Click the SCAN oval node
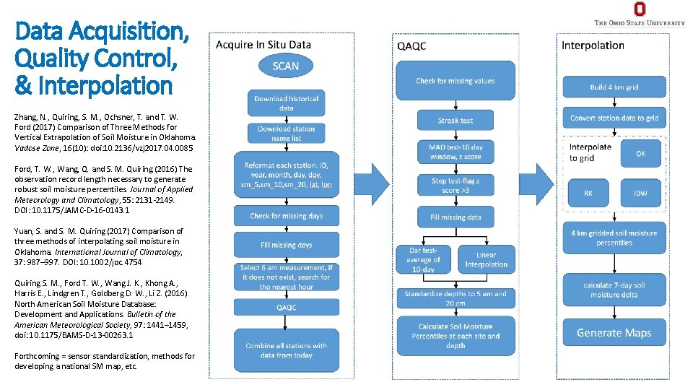pyautogui.click(x=285, y=66)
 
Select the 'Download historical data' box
pyautogui.click(x=286, y=103)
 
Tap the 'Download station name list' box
pyautogui.click(x=286, y=133)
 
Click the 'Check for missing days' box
pyautogui.click(x=286, y=216)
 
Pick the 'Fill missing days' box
pyautogui.click(x=286, y=245)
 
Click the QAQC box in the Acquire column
pyautogui.click(x=286, y=306)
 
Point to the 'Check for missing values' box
pyautogui.click(x=455, y=81)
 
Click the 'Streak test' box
pyautogui.click(x=455, y=120)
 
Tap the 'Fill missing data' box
pyautogui.click(x=455, y=217)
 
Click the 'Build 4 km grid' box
pyautogui.click(x=614, y=87)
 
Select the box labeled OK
pyautogui.click(x=640, y=154)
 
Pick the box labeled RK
pyautogui.click(x=588, y=193)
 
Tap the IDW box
pyautogui.click(x=640, y=193)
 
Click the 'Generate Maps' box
pyautogui.click(x=614, y=333)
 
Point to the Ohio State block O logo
pyautogui.click(x=639, y=9)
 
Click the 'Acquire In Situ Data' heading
pyautogui.click(x=263, y=45)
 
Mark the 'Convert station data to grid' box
pyautogui.click(x=614, y=118)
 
